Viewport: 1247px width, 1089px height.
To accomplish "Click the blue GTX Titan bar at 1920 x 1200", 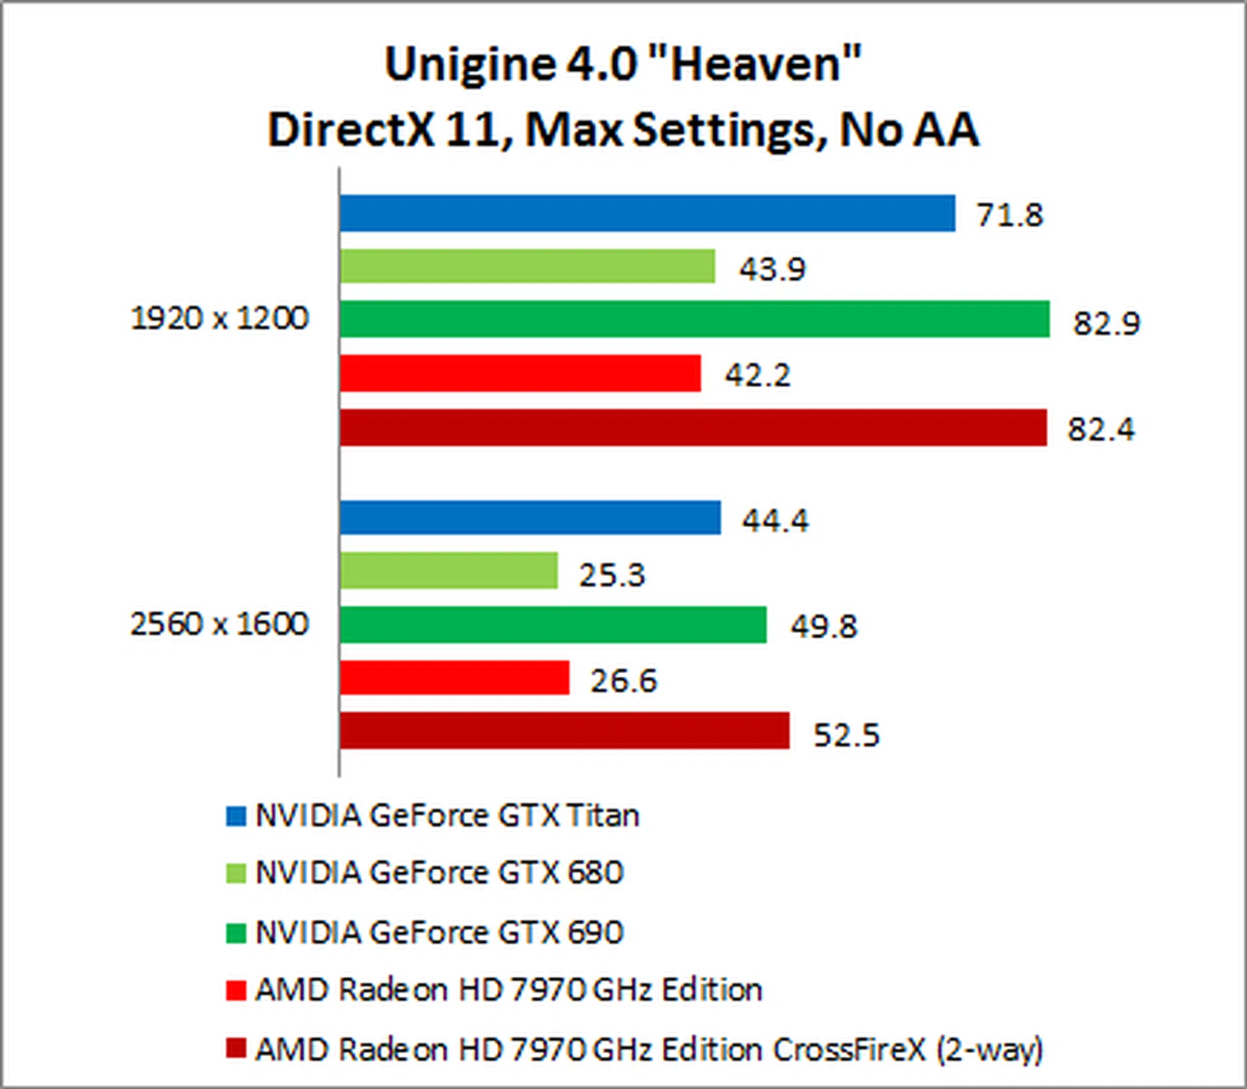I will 647,213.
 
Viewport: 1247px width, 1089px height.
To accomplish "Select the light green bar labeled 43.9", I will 527,266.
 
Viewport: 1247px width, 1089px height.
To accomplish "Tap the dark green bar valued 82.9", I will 694,319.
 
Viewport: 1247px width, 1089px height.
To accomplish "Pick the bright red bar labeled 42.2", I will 520,373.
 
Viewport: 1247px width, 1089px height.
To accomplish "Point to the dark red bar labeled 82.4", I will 693,427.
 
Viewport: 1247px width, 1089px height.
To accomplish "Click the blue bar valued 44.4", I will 529,518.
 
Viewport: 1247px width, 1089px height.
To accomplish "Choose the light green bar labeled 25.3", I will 448,571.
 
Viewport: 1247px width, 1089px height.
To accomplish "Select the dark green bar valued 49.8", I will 552,625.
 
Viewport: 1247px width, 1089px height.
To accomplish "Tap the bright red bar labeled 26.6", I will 454,678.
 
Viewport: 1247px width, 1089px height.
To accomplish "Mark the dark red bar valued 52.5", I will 564,731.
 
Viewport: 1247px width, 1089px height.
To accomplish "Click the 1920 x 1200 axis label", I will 220,319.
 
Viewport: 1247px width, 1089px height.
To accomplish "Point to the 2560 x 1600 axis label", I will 220,624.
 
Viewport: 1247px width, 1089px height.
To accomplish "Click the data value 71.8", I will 1010,215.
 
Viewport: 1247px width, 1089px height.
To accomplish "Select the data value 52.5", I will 846,735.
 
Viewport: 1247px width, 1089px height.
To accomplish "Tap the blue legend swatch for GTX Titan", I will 236,816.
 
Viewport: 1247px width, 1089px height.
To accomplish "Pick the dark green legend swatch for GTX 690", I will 236,933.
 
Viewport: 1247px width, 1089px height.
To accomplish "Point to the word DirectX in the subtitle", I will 351,129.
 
